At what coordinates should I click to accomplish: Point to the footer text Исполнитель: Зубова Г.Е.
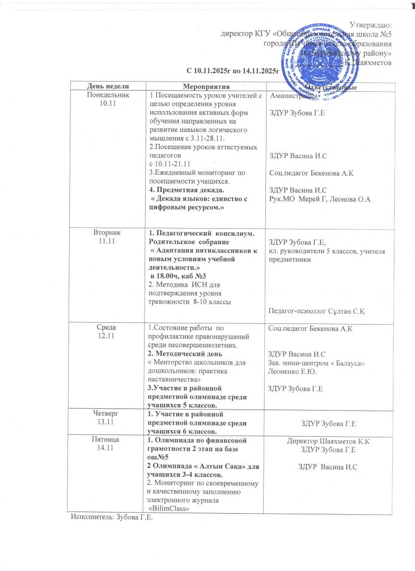pos(112,517)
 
